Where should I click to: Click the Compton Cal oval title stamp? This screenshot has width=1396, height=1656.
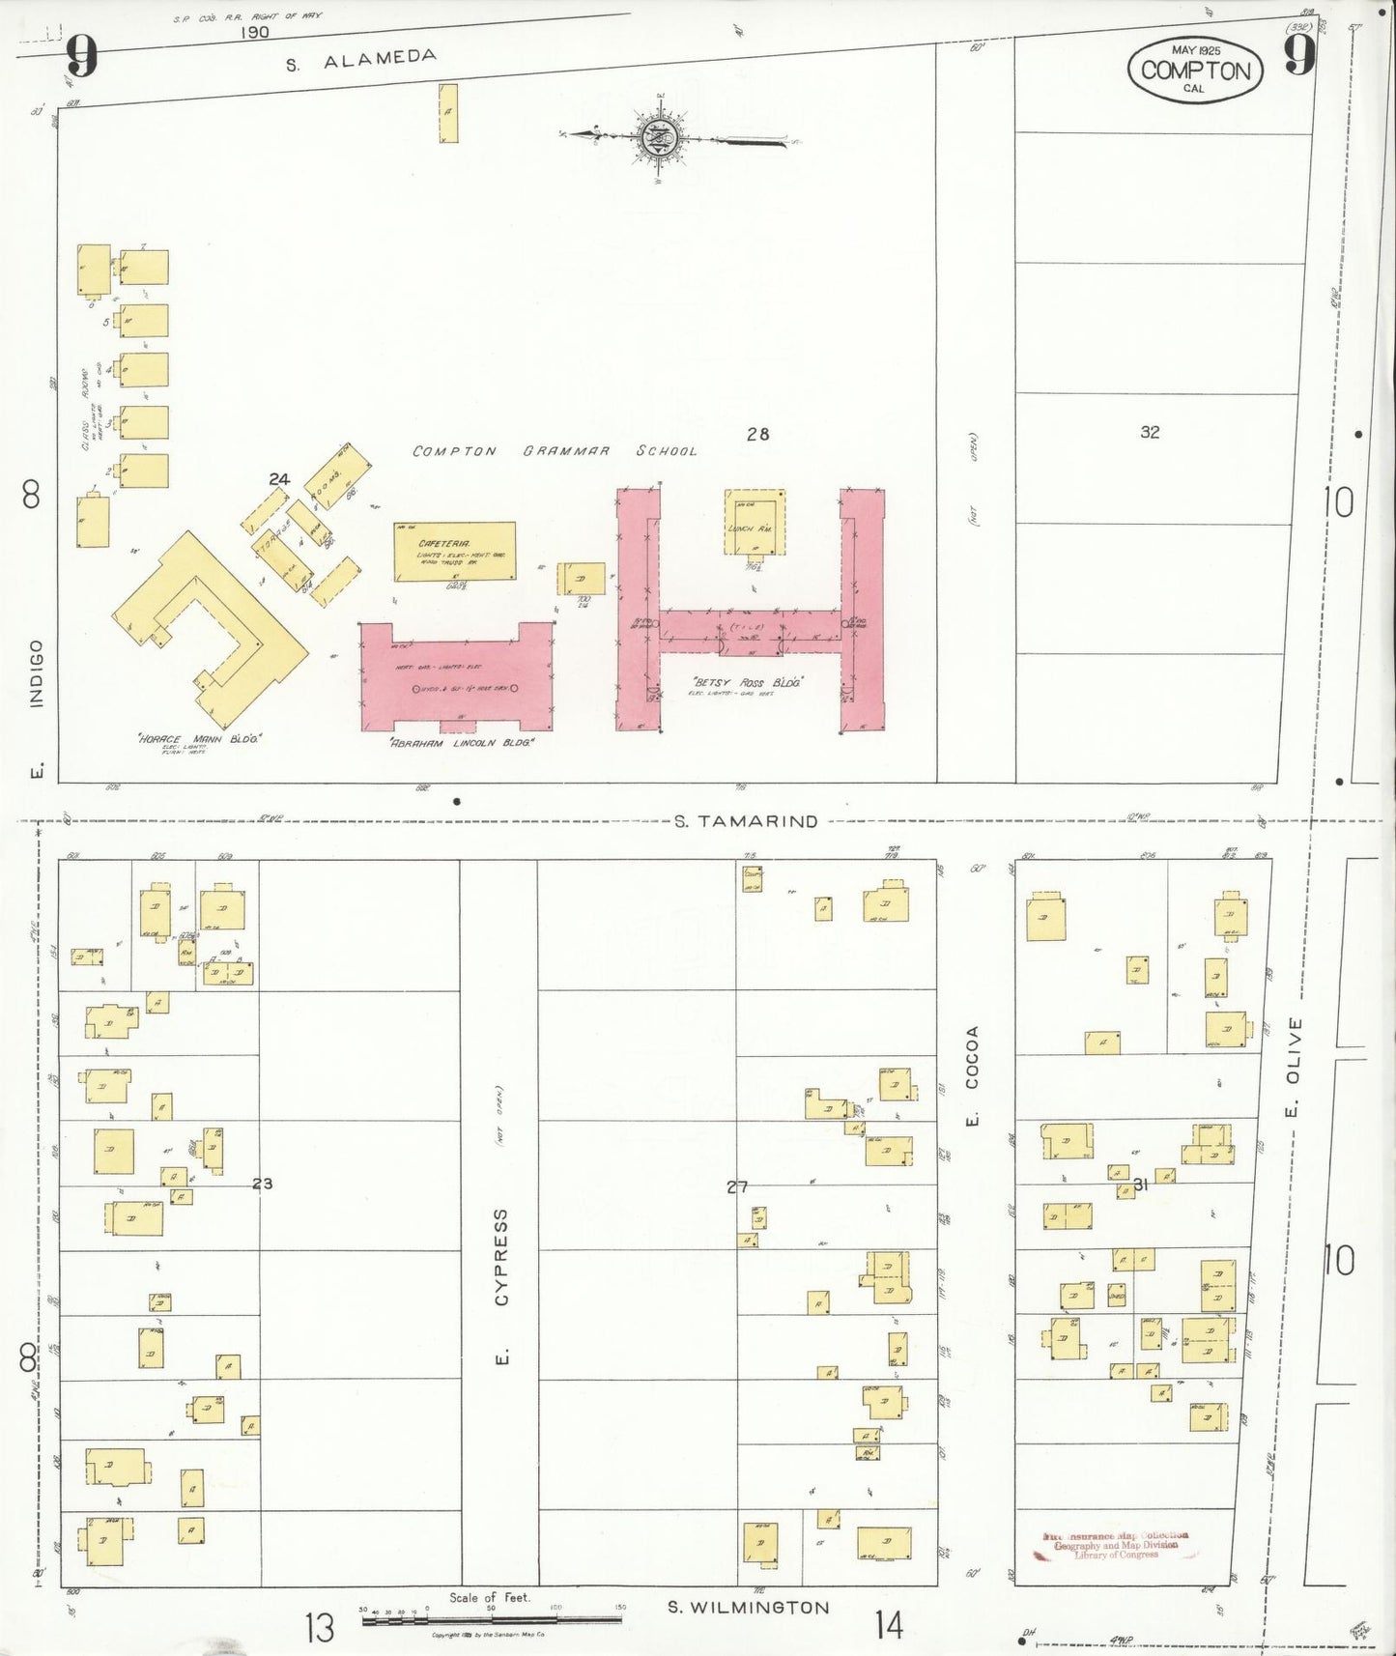1195,71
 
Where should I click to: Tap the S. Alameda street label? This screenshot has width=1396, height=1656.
361,61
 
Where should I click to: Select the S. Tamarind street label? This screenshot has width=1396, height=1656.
746,821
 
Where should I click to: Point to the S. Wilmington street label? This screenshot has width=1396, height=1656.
748,1608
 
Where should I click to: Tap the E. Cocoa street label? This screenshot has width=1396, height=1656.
972,1073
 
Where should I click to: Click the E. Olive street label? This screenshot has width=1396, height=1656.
1295,1064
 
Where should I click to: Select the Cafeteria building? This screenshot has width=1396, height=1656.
454,552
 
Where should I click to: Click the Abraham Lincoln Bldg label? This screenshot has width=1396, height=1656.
461,742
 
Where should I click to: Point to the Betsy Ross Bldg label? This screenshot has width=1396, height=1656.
748,682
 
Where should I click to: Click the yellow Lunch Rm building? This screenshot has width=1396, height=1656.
755,523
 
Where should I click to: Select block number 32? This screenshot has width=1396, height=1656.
1150,432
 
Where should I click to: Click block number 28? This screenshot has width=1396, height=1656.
757,434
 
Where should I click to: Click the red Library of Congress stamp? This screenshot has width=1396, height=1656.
1116,1545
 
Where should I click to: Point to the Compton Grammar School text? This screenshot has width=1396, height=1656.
554,451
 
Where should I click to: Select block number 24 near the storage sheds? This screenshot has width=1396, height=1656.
279,479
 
